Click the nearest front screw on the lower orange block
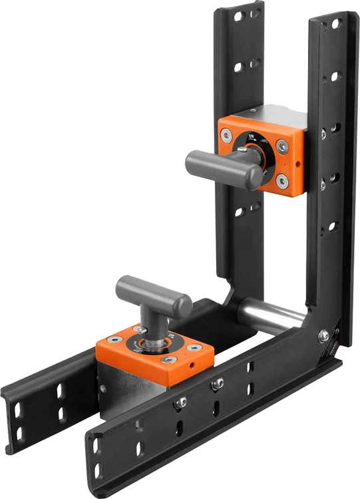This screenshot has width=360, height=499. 168,359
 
